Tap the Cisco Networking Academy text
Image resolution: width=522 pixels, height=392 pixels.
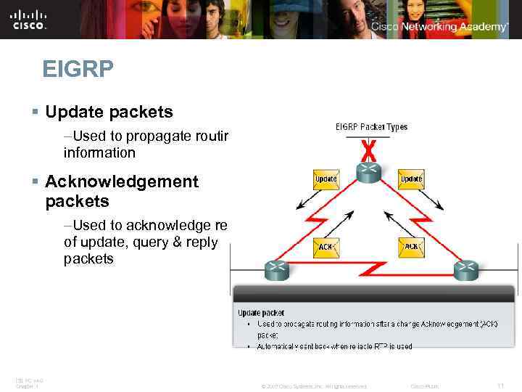tap(439, 27)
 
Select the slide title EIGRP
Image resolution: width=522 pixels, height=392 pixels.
tap(78, 70)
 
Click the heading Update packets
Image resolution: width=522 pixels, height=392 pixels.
tap(109, 112)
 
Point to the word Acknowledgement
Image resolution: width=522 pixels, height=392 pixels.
tap(121, 181)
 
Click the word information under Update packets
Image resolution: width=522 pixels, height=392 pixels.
tap(99, 153)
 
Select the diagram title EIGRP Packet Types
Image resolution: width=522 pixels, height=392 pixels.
tap(371, 127)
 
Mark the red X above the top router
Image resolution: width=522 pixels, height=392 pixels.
tap(369, 150)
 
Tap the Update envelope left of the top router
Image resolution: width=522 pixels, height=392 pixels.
tap(326, 179)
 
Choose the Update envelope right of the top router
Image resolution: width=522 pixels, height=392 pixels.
tap(411, 179)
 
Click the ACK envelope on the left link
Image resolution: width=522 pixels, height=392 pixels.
tap(326, 247)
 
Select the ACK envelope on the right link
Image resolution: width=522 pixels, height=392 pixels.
tap(411, 247)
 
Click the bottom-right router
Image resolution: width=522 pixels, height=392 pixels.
tap(465, 271)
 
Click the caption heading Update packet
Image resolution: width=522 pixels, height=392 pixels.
tap(261, 313)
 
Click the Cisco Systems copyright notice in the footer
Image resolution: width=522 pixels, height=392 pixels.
tap(313, 386)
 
